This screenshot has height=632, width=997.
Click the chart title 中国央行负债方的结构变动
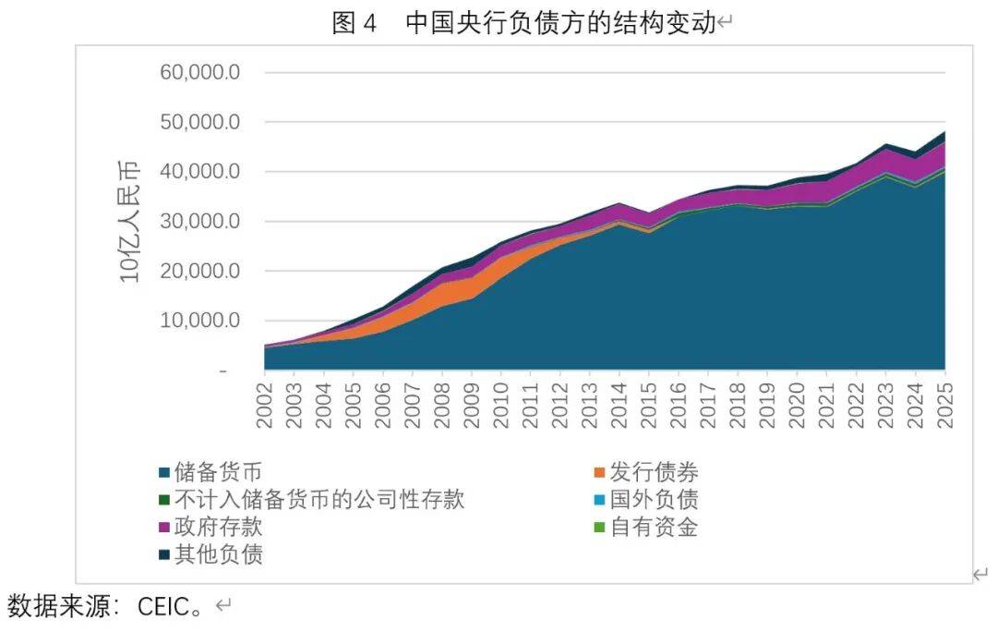560,23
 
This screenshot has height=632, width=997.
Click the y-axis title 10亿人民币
130,222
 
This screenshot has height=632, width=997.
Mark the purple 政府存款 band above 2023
885,162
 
